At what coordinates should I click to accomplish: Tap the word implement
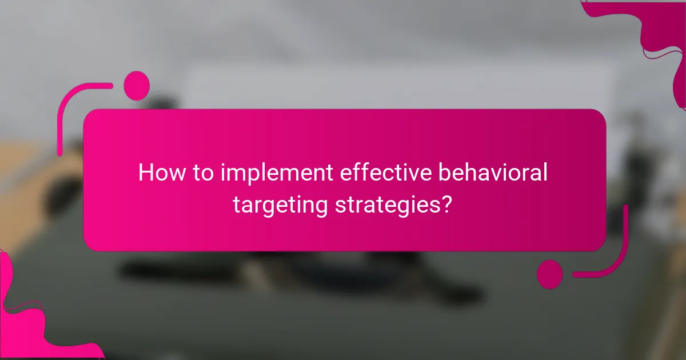click(269, 173)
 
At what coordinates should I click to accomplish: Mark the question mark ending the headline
click(449, 205)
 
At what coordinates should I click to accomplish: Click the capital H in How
click(146, 173)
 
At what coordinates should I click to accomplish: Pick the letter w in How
click(177, 174)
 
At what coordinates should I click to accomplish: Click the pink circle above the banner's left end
click(137, 86)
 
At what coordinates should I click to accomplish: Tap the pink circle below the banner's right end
click(549, 273)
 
